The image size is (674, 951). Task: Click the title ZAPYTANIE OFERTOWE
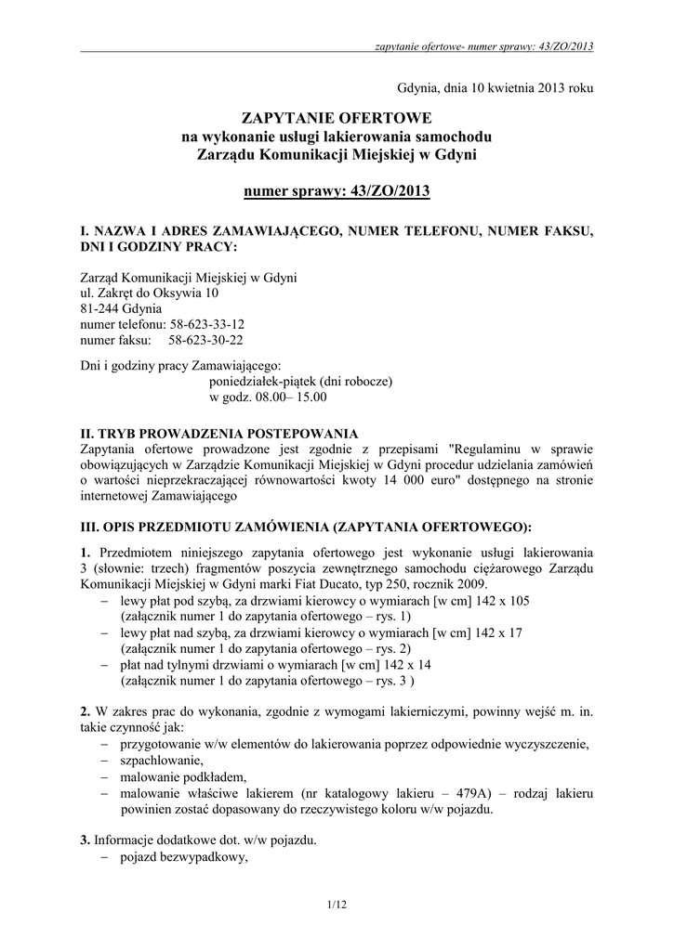pyautogui.click(x=337, y=119)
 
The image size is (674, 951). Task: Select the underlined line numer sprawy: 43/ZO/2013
pyautogui.click(x=337, y=192)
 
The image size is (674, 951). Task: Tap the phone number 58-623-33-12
pyautogui.click(x=206, y=324)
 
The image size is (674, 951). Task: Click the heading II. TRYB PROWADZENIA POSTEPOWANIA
pyautogui.click(x=219, y=433)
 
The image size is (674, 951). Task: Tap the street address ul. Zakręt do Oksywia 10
pyautogui.click(x=151, y=293)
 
